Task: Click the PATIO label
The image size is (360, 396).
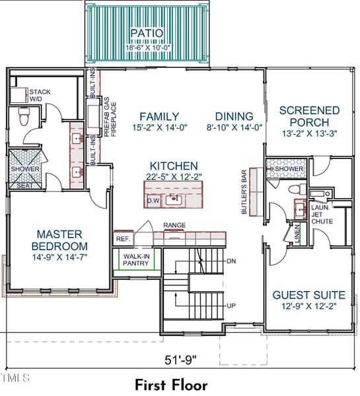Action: tap(142, 33)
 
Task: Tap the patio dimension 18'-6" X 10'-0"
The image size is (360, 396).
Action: tap(142, 48)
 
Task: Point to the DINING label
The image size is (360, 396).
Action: tap(233, 116)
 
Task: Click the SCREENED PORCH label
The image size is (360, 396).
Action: tap(309, 117)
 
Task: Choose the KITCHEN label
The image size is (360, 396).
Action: tap(173, 166)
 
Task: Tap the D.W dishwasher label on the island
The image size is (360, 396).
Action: tap(153, 200)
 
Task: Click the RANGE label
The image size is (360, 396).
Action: tap(174, 225)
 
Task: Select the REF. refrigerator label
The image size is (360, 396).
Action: tap(122, 239)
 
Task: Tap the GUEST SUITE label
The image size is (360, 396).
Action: tap(308, 295)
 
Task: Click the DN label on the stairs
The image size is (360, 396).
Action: tap(231, 261)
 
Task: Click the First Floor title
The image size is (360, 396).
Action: tap(171, 385)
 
